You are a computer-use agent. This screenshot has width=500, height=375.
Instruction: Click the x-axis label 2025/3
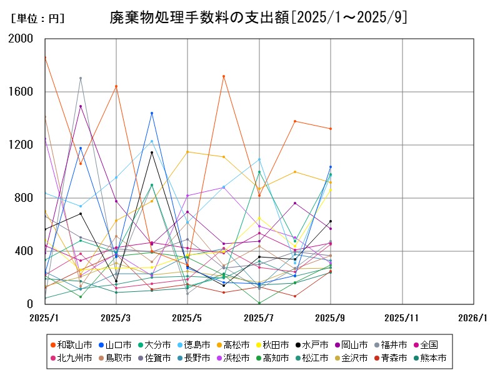tap(116, 317)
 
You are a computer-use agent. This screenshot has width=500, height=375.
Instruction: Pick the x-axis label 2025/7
tap(259, 317)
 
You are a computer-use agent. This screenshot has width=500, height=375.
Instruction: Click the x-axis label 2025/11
tap(402, 317)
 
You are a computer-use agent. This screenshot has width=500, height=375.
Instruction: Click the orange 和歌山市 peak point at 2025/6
tap(223, 76)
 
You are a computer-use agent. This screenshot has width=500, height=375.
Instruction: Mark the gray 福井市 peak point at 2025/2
tap(80, 78)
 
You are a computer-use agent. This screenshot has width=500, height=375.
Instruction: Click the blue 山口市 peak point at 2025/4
tap(152, 113)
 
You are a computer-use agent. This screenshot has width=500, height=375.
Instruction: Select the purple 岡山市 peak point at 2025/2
tap(80, 106)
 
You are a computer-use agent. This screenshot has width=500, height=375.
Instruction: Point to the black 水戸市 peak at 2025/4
tap(152, 152)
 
